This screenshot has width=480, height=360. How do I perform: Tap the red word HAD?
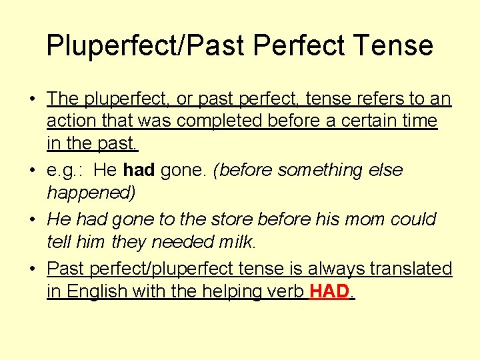coord(329,291)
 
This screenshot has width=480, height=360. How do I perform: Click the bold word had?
coord(139,170)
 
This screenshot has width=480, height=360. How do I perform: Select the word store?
coord(238,219)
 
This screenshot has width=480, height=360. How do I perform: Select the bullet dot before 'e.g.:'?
coord(32,171)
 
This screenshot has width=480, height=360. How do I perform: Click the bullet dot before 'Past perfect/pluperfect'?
coord(32,269)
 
